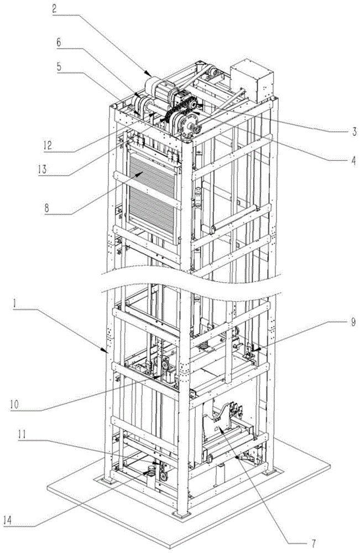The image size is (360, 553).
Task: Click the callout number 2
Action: [54, 8]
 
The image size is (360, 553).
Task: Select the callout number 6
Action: [58, 43]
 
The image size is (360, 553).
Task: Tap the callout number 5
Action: [59, 67]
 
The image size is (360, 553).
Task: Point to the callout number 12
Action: [48, 145]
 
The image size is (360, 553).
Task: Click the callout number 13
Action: [43, 169]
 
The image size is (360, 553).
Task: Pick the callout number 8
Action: [46, 207]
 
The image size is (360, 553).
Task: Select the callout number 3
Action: [354, 132]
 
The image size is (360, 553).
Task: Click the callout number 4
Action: [352, 161]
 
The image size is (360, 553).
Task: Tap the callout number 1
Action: [16, 304]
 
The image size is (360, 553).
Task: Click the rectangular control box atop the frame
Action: [252, 80]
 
